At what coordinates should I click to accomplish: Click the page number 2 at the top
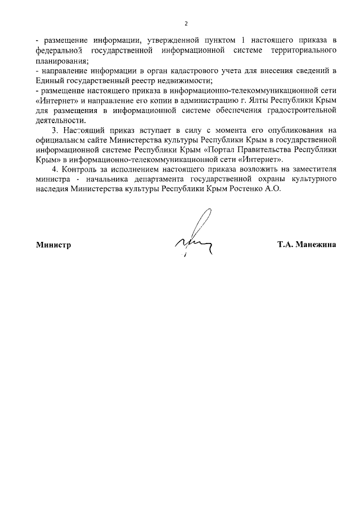pos(186,23)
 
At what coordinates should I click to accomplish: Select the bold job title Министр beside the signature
pos(53,245)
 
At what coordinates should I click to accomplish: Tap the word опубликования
pos(296,130)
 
